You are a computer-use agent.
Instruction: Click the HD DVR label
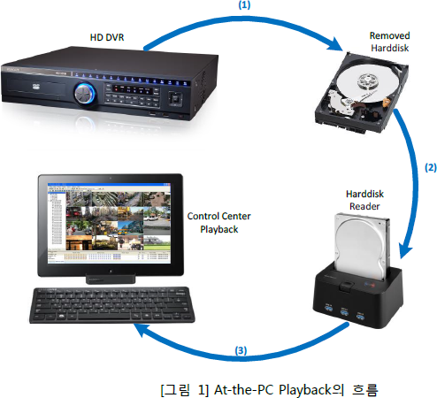click(x=107, y=37)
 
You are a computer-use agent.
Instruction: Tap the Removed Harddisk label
click(x=389, y=42)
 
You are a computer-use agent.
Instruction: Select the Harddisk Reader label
click(x=364, y=200)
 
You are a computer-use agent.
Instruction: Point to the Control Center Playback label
click(x=218, y=223)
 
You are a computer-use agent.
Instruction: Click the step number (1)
click(x=244, y=5)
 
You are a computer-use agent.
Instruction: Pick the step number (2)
click(x=431, y=167)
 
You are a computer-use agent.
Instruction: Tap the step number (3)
click(x=241, y=350)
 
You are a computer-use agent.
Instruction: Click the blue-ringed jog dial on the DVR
click(x=85, y=94)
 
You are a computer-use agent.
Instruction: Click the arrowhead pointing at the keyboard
click(x=141, y=331)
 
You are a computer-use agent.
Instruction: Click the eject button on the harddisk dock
click(x=347, y=287)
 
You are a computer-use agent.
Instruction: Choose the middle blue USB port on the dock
click(x=344, y=311)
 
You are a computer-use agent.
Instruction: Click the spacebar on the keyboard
click(x=104, y=317)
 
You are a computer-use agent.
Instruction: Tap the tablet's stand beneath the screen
click(x=111, y=279)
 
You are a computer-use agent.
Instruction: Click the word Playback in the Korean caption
click(x=305, y=390)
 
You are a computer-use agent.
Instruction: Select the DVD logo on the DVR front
click(x=36, y=87)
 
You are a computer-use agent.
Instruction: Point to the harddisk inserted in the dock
click(x=362, y=247)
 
